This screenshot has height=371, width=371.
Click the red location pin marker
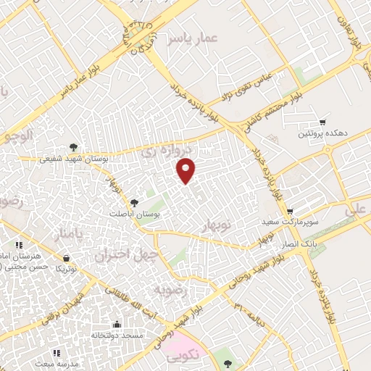coord(187,170)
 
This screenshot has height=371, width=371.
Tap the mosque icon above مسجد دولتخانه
coord(117,324)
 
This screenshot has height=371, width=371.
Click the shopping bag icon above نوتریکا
coord(67,257)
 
